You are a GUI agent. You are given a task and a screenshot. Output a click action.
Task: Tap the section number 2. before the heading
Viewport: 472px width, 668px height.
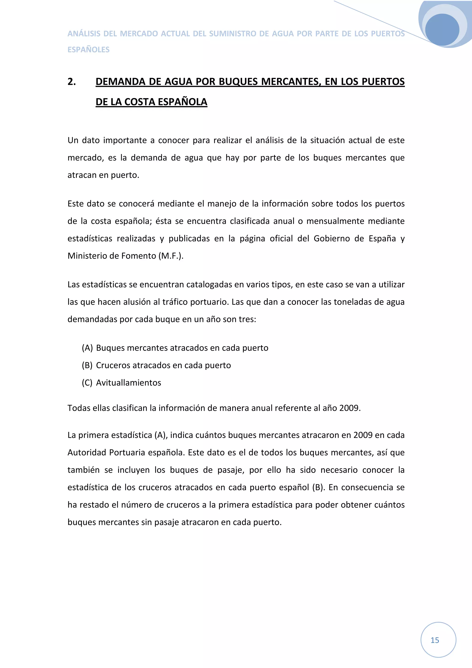point(71,82)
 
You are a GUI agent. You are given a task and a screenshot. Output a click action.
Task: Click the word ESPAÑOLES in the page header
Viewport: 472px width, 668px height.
point(88,50)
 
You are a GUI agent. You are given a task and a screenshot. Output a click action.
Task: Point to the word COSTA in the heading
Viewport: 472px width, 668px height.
point(140,102)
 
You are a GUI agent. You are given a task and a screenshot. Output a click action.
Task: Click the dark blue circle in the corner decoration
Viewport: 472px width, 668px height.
point(442,30)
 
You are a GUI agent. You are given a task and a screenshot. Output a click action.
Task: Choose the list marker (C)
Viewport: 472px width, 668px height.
point(87,383)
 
